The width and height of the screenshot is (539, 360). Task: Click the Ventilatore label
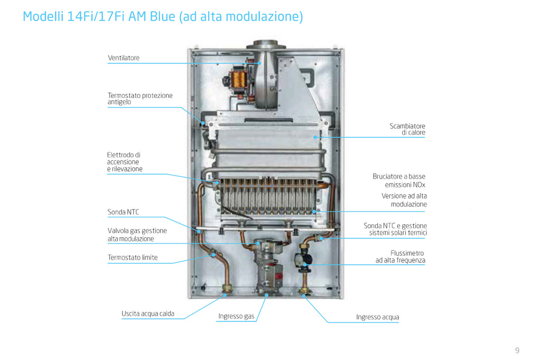(x=124, y=58)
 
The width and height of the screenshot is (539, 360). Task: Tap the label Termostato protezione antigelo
(x=140, y=98)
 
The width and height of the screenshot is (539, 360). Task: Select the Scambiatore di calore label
(x=407, y=129)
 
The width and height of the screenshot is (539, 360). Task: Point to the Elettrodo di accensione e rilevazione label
(x=124, y=162)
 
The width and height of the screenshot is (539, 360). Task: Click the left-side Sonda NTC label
(x=124, y=212)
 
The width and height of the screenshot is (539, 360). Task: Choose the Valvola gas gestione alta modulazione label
(x=137, y=235)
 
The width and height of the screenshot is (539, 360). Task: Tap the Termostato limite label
(x=133, y=257)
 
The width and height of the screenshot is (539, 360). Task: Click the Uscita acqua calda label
(x=148, y=313)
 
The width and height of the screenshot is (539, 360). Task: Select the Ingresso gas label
(x=236, y=316)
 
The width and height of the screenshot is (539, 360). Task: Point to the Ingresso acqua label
(x=377, y=317)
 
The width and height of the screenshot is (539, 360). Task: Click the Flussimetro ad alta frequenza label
(x=400, y=256)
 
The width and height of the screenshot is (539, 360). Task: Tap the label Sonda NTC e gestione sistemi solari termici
(x=395, y=229)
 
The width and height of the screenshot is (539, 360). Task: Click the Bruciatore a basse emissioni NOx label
(x=399, y=180)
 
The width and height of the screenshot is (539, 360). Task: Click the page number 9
(x=517, y=350)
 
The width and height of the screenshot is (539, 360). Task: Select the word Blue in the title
(x=162, y=16)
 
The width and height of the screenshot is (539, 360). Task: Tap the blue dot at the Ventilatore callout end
(x=259, y=63)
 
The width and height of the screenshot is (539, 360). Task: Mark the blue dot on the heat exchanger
(x=315, y=137)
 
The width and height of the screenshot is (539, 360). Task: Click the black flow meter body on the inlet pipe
(x=303, y=259)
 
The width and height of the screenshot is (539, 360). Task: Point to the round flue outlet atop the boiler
(x=265, y=45)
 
